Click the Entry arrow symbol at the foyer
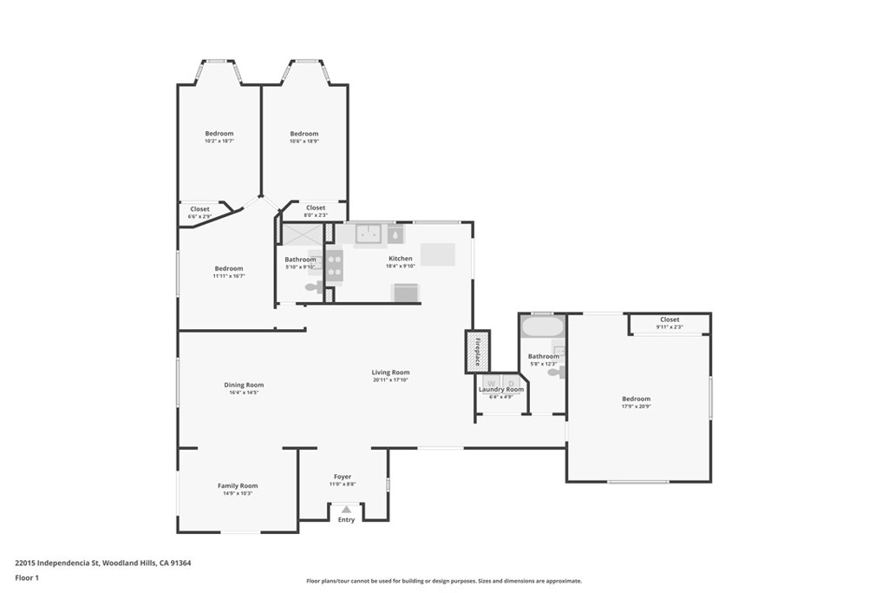coord(346,510)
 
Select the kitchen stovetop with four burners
coord(334,265)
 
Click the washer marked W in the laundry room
coord(491,382)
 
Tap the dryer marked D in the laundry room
coord(512,382)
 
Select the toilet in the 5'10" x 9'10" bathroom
coord(311,287)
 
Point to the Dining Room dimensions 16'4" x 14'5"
coord(244,392)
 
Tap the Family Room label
coord(237,486)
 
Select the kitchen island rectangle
coord(438,254)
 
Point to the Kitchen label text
coord(401,259)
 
